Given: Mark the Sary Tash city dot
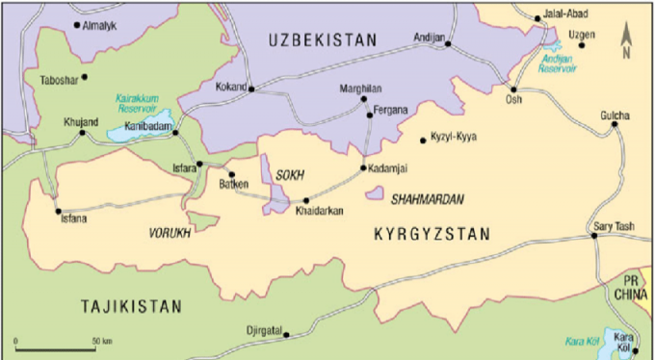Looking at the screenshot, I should click(x=595, y=237).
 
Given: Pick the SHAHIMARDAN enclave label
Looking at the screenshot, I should click(x=427, y=199).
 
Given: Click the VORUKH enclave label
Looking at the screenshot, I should click(x=169, y=233).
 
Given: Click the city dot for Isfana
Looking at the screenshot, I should click(x=58, y=211).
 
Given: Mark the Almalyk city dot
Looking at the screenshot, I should click(x=77, y=25).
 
